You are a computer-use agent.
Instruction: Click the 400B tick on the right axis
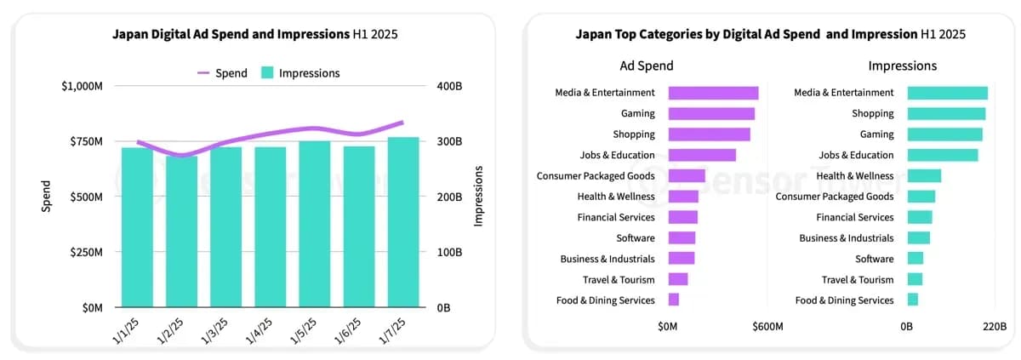pyautogui.click(x=449, y=86)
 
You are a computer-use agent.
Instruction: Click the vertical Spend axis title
pyautogui.click(x=47, y=197)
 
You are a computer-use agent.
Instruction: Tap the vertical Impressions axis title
pyautogui.click(x=479, y=197)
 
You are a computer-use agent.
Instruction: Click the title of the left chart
pyautogui.click(x=254, y=35)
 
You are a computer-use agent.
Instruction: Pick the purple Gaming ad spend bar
pyautogui.click(x=711, y=113)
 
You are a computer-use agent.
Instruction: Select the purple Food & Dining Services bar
pyautogui.click(x=674, y=300)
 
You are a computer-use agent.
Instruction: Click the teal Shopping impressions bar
pyautogui.click(x=946, y=113)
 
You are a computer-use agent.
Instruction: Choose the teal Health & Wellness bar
pyautogui.click(x=924, y=175)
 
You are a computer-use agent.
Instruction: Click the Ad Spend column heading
pyautogui.click(x=646, y=66)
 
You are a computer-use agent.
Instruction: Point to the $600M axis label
pyautogui.click(x=767, y=326)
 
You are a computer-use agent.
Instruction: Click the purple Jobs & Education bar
pyautogui.click(x=702, y=155)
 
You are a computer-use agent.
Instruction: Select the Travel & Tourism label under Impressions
pyautogui.click(x=858, y=279)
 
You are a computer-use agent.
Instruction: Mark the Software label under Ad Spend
pyautogui.click(x=636, y=237)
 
